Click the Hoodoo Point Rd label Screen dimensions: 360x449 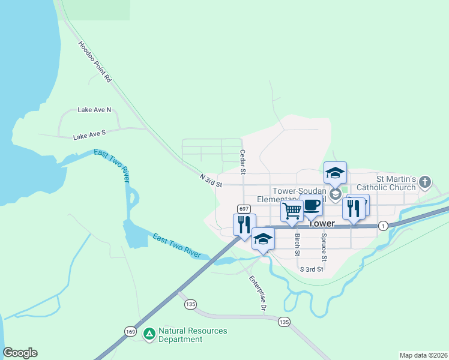(x=95, y=62)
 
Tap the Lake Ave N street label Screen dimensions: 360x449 (x=94, y=110)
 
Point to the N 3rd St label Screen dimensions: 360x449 (x=211, y=179)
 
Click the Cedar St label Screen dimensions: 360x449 (x=243, y=162)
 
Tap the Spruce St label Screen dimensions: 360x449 (x=324, y=248)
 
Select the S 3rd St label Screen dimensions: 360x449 (x=312, y=269)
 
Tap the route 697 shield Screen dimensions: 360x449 (x=243, y=209)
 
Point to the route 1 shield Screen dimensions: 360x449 (x=383, y=224)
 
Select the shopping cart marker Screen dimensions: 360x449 (x=292, y=211)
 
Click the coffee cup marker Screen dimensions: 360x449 (x=311, y=205)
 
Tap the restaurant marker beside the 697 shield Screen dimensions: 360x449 (x=244, y=224)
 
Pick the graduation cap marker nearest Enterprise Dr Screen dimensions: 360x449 (x=263, y=239)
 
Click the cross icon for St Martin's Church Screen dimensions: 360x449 (x=425, y=181)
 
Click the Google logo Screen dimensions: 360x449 (x=20, y=353)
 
